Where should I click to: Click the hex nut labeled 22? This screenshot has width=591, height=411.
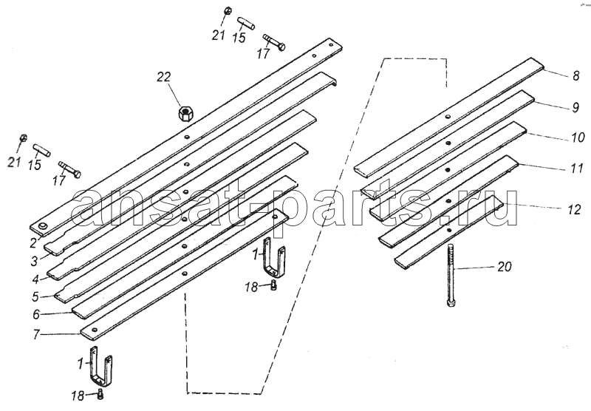coord(185,113)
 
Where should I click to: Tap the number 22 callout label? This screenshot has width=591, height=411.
coord(164,77)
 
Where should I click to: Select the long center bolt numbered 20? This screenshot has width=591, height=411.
coord(451,275)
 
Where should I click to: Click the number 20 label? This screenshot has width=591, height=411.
coord(505,267)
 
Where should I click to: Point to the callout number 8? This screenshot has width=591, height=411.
coord(575,76)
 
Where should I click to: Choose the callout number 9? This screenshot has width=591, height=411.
coord(575,107)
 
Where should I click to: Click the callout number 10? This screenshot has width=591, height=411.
coord(578,137)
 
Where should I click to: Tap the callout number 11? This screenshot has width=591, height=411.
coord(577,169)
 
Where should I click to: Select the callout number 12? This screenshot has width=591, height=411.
coord(575,210)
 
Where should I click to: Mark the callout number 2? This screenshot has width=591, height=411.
coord(33,243)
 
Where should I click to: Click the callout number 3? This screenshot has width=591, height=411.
coord(35,261)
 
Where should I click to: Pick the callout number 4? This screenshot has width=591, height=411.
coord(35,279)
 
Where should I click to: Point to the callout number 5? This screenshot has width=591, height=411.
coord(35,296)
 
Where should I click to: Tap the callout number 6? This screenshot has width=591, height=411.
coord(36,314)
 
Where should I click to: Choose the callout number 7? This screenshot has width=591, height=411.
coord(36,334)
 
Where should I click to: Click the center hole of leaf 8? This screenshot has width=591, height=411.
coord(447,117)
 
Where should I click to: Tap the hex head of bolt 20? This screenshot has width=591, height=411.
coord(451,303)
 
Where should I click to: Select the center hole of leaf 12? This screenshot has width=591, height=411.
coord(449,230)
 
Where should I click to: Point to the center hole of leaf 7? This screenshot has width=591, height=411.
coord(185,274)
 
